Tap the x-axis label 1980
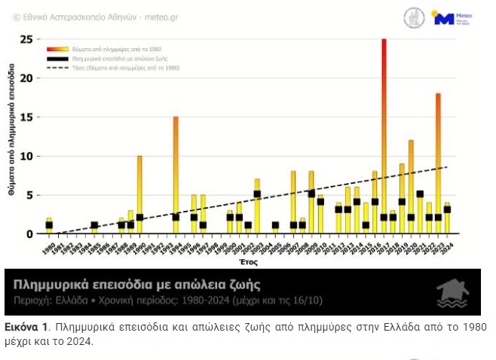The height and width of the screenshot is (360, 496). click(47, 246)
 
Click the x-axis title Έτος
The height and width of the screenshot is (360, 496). click(249, 263)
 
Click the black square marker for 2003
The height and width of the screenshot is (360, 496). click(257, 194)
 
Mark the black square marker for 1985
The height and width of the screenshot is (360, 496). click(94, 225)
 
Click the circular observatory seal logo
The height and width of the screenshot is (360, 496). click(415, 18)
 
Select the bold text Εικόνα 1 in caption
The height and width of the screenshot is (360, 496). click(26, 328)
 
